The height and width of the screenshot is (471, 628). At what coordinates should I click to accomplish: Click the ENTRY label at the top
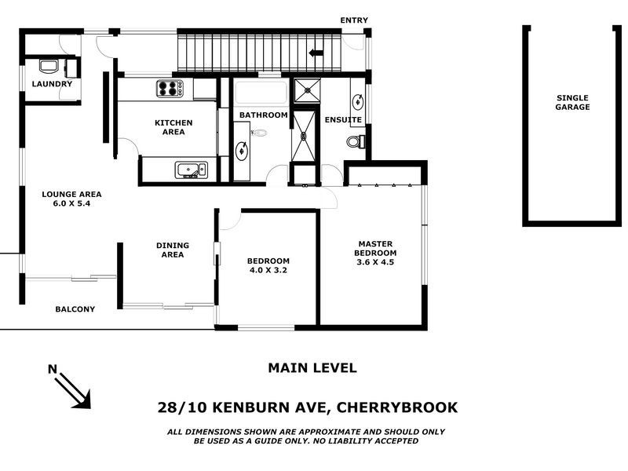353,20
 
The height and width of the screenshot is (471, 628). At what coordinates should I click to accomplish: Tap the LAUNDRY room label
52,84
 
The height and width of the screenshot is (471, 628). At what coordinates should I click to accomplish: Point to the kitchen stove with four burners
169,89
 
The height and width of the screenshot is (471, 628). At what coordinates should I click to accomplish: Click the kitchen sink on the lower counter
190,170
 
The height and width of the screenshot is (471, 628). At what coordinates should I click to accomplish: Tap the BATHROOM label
263,115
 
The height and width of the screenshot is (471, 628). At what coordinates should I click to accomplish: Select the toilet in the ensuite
355,142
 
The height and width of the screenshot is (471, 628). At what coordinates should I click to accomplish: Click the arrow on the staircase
316,53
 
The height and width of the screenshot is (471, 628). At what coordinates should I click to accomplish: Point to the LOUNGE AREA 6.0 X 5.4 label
72,199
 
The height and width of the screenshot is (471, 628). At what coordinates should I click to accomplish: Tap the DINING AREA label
172,250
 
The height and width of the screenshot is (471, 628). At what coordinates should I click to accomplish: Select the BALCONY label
75,309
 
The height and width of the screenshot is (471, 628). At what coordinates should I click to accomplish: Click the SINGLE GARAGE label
572,102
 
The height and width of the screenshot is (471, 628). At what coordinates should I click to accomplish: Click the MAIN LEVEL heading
312,367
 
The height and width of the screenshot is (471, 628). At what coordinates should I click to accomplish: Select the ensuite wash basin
358,100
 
